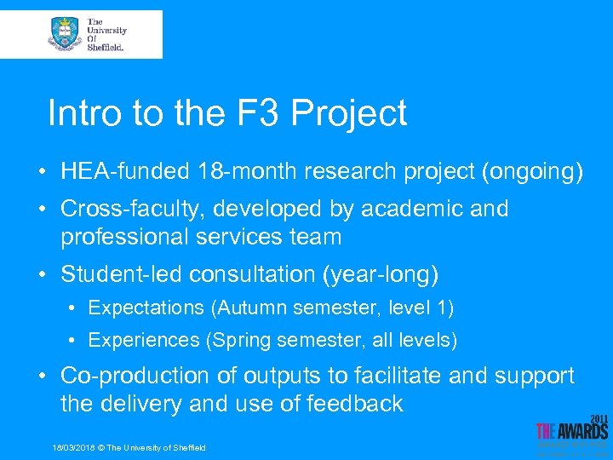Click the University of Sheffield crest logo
coord(65,34)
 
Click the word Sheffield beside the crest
coord(106,48)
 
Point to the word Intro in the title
coord(79,113)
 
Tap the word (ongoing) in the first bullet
coord(532,172)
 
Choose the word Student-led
coord(122,274)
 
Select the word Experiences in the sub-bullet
coord(143,341)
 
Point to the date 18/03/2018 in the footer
coord(73,448)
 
